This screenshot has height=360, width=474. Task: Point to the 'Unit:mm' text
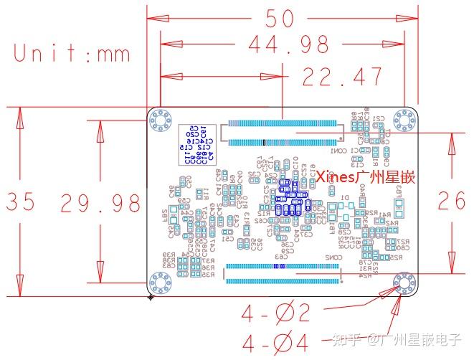tap(72, 54)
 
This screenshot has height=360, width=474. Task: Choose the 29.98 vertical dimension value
tap(100, 203)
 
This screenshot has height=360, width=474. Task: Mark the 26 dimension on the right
tap(451, 200)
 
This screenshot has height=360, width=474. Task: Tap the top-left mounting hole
tap(162, 120)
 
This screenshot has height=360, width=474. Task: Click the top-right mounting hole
tap(404, 120)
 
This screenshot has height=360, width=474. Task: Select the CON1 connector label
tap(338, 151)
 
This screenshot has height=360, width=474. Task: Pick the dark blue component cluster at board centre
tap(291, 198)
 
